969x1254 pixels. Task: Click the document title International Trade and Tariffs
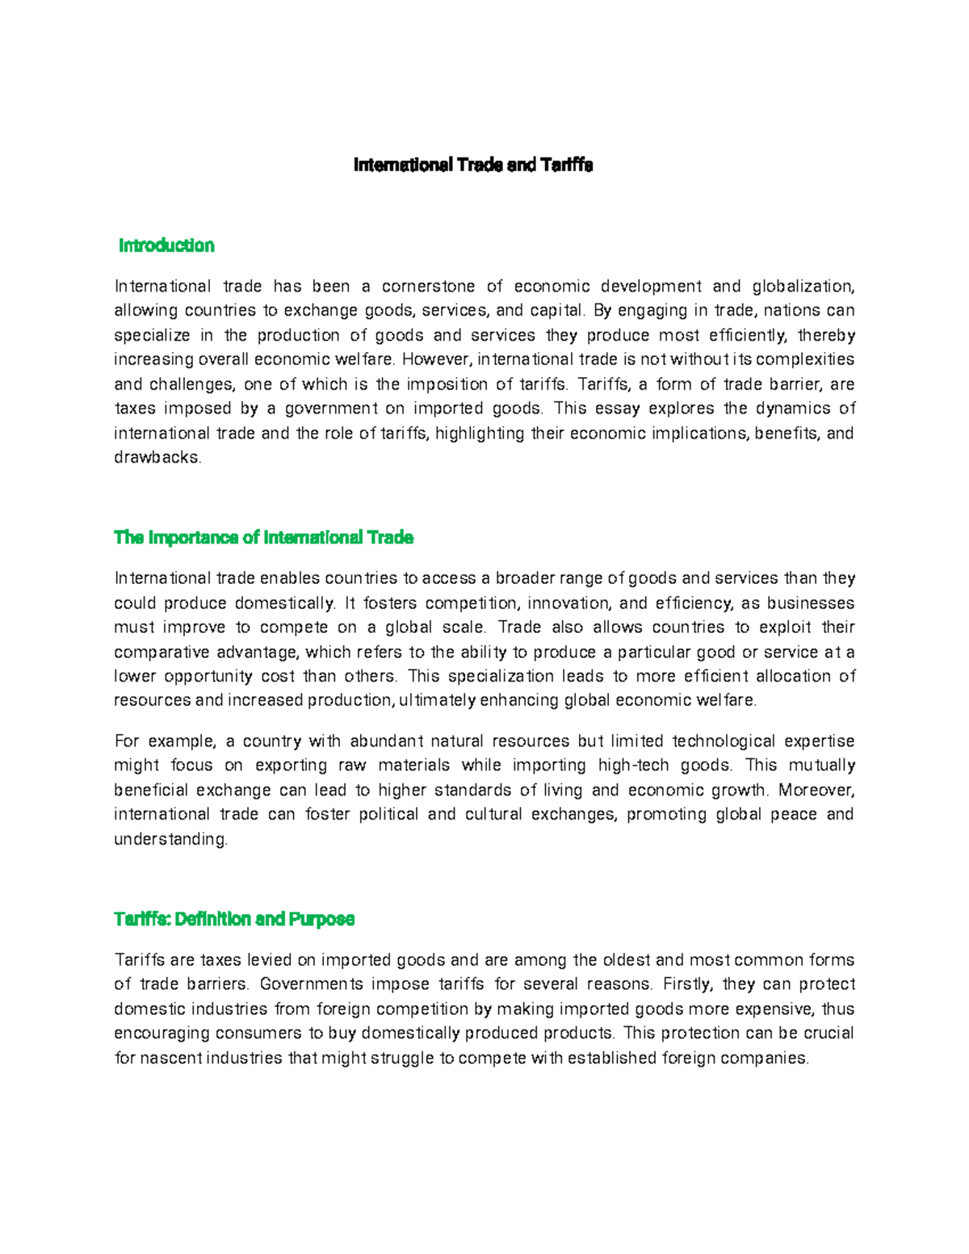(473, 166)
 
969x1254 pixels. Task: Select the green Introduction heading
(166, 245)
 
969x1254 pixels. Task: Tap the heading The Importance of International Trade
(264, 538)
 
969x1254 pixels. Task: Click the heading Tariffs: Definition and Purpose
(235, 919)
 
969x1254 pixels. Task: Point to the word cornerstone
(428, 287)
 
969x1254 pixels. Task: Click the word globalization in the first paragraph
(803, 287)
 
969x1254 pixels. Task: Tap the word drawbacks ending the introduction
(157, 458)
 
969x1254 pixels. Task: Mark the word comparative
(157, 652)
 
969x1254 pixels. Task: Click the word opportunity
(206, 677)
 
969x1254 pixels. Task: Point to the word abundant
(386, 741)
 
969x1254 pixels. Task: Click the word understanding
(171, 840)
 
